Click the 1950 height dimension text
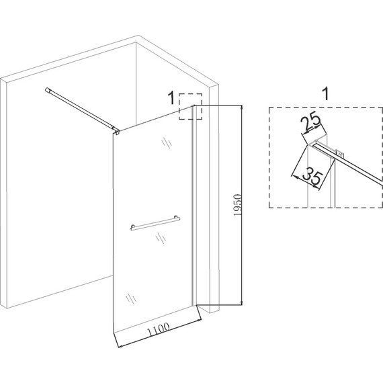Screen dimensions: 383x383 pyautogui.click(x=237, y=205)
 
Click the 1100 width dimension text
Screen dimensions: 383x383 pyautogui.click(x=159, y=329)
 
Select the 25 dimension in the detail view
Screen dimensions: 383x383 pyautogui.click(x=310, y=123)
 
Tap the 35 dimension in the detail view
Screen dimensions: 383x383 pyautogui.click(x=313, y=175)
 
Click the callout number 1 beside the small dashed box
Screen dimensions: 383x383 pyautogui.click(x=171, y=98)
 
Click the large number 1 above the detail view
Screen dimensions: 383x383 pyautogui.click(x=326, y=93)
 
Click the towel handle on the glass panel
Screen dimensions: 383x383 pyautogui.click(x=155, y=223)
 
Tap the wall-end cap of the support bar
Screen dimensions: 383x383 pyautogui.click(x=48, y=90)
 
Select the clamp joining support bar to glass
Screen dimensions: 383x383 pyautogui.click(x=117, y=131)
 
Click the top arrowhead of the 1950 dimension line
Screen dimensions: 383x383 pyautogui.click(x=241, y=108)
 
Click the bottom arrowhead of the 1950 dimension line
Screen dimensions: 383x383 pyautogui.click(x=241, y=302)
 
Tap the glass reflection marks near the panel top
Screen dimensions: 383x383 pyautogui.click(x=167, y=143)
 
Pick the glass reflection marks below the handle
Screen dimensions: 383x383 pyautogui.click(x=161, y=238)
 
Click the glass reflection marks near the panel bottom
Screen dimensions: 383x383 pyautogui.click(x=131, y=298)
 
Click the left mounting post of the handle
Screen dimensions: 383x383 pyautogui.click(x=132, y=226)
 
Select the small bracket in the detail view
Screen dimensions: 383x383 pyautogui.click(x=339, y=153)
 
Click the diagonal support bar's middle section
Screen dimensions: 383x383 pyautogui.click(x=81, y=110)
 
